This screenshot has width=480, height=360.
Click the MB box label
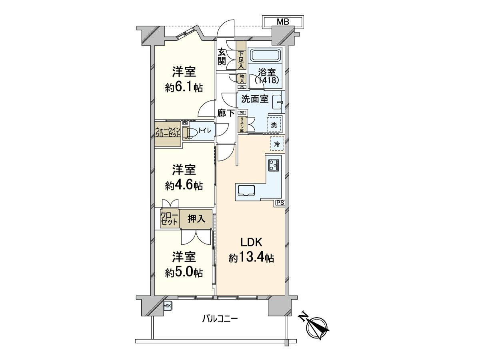pos(283,22)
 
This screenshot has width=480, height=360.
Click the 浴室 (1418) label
pos(266,76)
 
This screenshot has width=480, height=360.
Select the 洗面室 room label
pos(254,99)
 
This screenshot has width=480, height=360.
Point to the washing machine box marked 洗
pos(274,124)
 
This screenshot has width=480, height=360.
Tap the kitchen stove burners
pos(274,165)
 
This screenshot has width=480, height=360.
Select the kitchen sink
pos(247,191)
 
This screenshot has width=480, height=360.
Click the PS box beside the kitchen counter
pos(280,203)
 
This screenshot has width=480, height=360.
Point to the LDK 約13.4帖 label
pos(251,250)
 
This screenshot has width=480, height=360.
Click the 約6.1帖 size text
pos(184,88)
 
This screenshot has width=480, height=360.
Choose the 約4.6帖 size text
pos(184,185)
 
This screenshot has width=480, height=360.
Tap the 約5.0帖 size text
pos(184,272)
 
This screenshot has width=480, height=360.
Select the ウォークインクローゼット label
pos(168,132)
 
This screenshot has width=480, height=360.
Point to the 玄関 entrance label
pos(222,56)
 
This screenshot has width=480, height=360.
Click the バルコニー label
pos(220,319)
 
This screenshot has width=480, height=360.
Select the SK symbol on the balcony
pos(168,306)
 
